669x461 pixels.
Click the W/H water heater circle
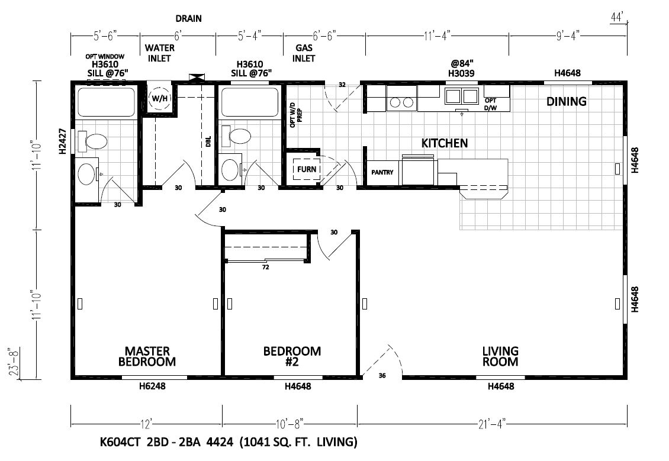(160, 98)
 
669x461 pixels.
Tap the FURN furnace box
(306, 169)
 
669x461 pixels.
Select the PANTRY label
(382, 172)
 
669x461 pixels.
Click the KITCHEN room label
(445, 143)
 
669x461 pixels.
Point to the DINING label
(566, 102)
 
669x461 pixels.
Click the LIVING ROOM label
(500, 356)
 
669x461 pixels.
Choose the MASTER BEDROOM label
(147, 356)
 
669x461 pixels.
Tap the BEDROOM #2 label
(292, 356)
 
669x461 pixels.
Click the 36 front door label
(382, 376)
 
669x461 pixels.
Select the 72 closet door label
(265, 267)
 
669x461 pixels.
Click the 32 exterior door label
(342, 85)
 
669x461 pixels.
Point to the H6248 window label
(152, 386)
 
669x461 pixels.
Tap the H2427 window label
(63, 141)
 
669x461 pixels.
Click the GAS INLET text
(304, 53)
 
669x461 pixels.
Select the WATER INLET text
(160, 53)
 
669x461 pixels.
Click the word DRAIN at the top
(189, 19)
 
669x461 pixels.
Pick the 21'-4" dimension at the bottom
(492, 424)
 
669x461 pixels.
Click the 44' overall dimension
(617, 18)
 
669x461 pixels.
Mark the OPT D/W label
(491, 105)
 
